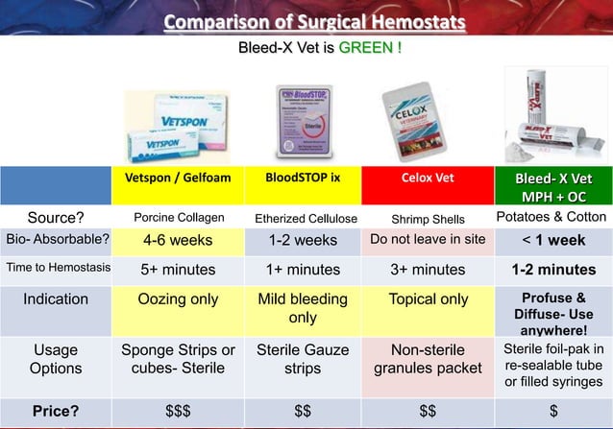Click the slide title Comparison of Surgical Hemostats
point(314,21)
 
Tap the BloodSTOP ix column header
point(303,178)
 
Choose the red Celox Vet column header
point(429,178)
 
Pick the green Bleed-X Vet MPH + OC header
point(553,187)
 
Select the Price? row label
point(55,412)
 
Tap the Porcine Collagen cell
point(180,218)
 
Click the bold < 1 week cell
point(553,240)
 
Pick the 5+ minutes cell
point(179,270)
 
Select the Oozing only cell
point(179,299)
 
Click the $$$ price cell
point(179,412)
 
